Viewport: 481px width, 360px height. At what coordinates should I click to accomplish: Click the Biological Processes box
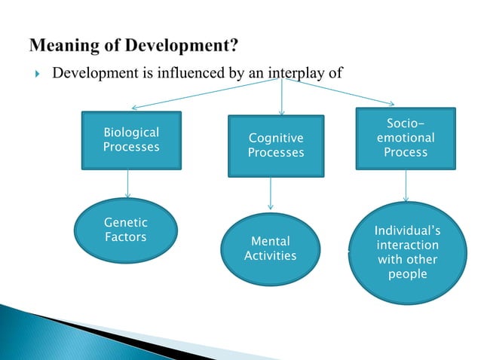[131, 140]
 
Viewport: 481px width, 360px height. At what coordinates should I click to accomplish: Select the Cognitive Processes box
[276, 146]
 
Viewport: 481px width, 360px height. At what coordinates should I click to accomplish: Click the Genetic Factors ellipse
[126, 230]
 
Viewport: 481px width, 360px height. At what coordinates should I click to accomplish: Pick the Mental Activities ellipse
[270, 249]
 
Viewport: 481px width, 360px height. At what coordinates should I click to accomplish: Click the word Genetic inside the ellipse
[125, 223]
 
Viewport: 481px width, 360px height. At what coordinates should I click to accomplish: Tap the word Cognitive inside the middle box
[276, 139]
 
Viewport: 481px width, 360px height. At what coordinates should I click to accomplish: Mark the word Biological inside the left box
[131, 133]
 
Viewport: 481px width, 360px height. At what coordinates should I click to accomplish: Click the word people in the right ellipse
[407, 274]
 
